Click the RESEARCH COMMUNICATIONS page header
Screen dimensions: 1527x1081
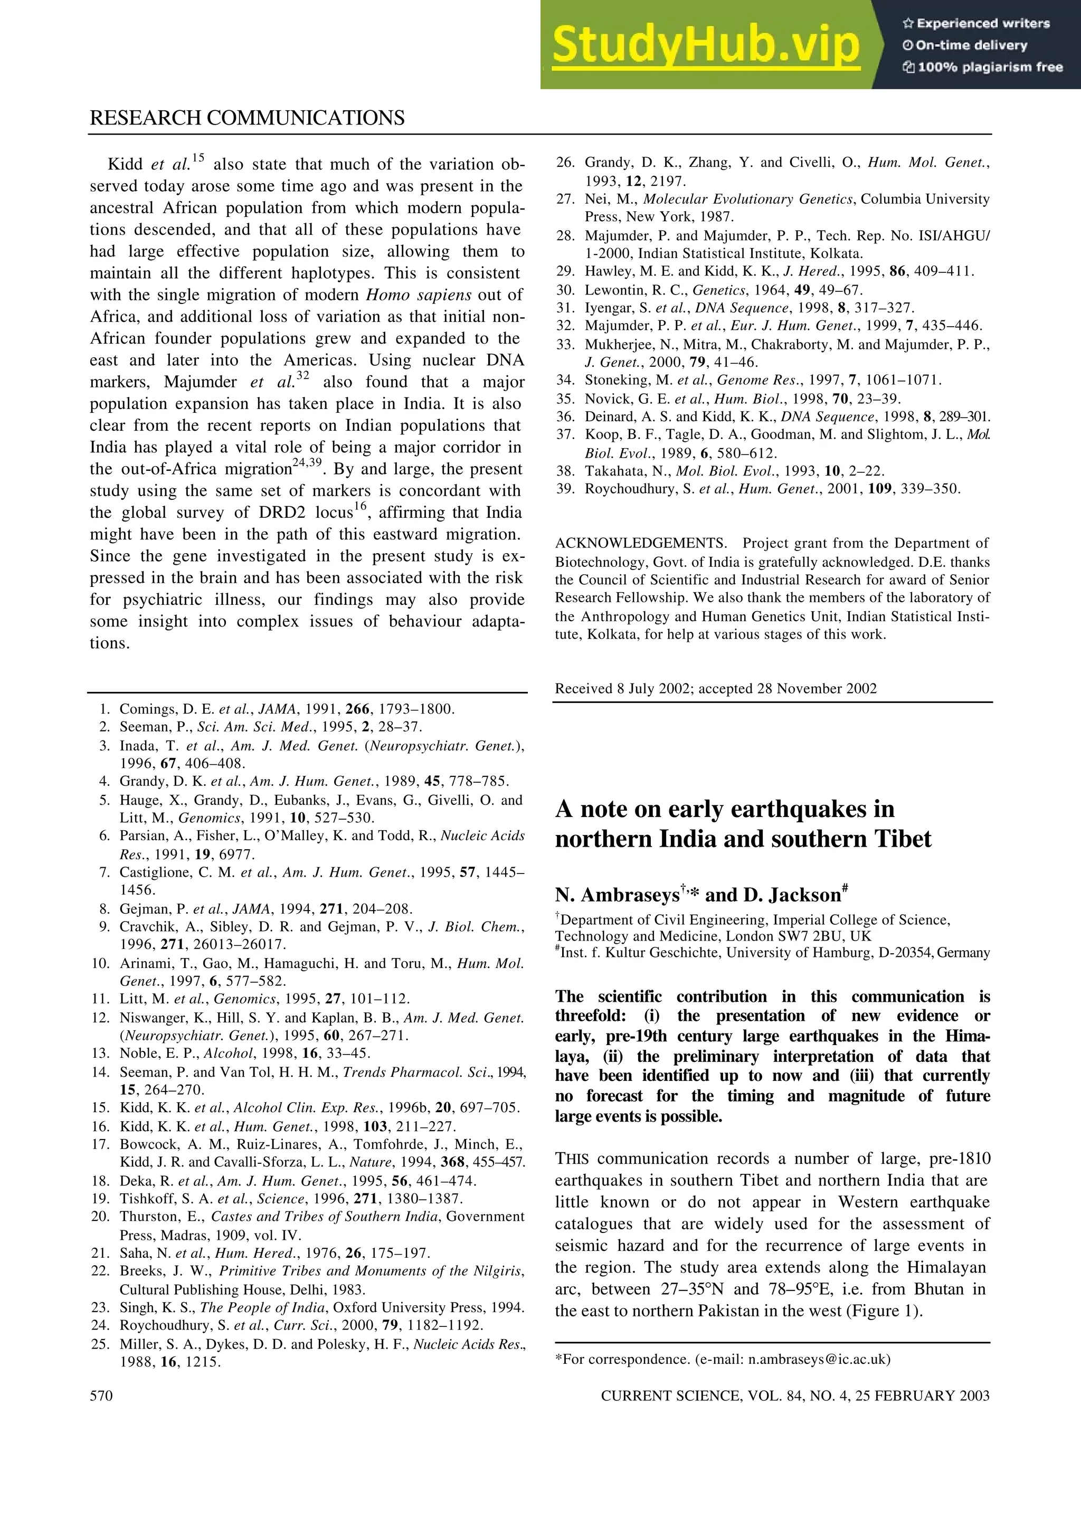pyautogui.click(x=247, y=118)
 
